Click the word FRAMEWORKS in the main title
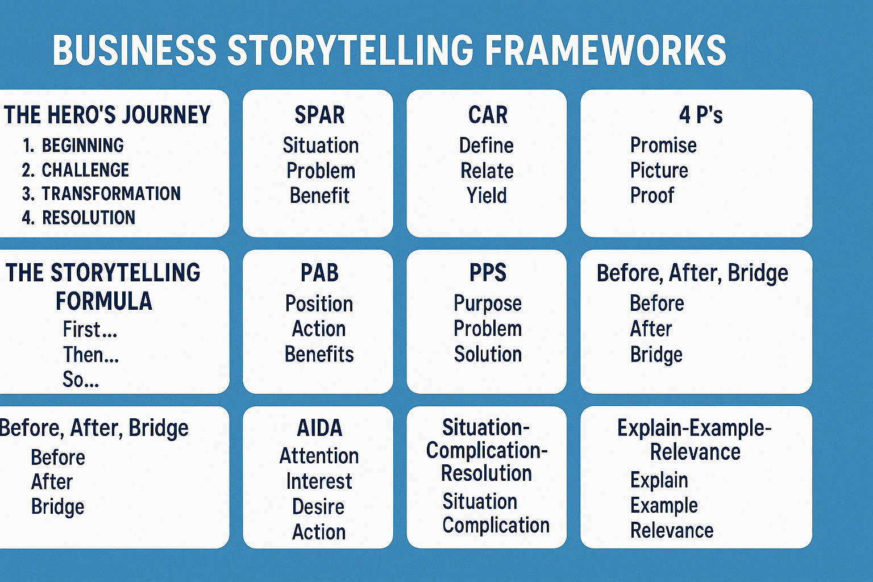point(605,49)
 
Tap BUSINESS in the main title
point(135,49)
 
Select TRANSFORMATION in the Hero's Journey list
point(111,194)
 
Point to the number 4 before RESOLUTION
point(27,218)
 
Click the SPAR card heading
point(319,115)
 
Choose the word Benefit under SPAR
point(319,196)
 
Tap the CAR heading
point(488,115)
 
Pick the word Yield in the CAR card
point(487,196)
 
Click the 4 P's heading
point(701,115)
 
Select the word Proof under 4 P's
point(652,196)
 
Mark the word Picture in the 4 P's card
point(659,171)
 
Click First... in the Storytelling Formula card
point(90,330)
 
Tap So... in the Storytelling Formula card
point(81,380)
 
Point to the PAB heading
point(319,273)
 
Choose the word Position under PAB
point(319,304)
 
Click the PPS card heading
point(488,273)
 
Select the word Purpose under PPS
point(488,304)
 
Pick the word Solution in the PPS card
point(488,354)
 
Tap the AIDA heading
point(319,428)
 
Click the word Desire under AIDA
point(318,506)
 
